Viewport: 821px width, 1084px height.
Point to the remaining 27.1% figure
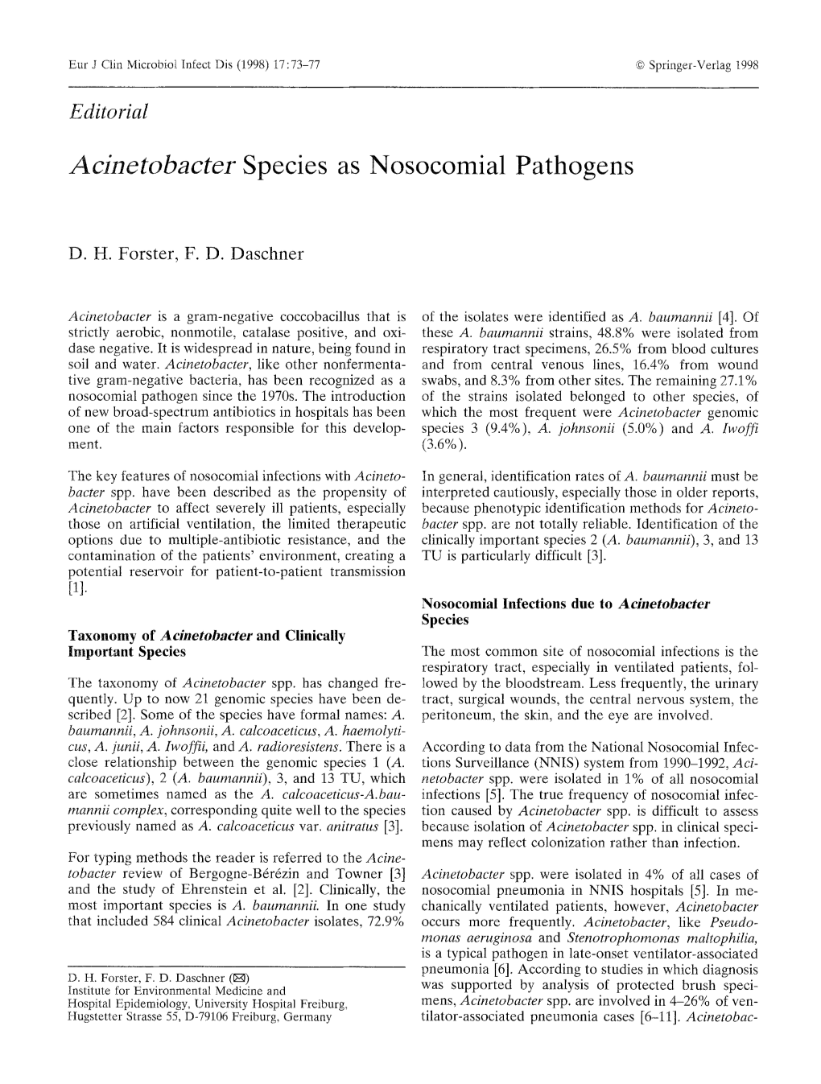point(738,380)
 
